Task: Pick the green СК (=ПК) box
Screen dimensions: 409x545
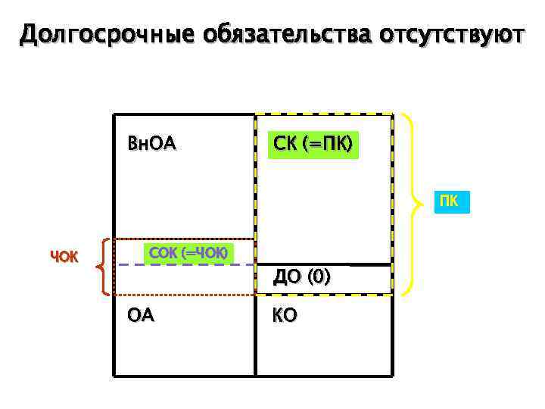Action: coord(313,143)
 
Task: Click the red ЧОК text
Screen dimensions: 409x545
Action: coord(64,257)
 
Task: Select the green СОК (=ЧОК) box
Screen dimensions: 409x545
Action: coord(188,252)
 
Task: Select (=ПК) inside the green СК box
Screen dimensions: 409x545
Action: coord(327,143)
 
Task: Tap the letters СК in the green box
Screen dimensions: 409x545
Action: coord(284,143)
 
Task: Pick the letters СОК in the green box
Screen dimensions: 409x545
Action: coord(162,252)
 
